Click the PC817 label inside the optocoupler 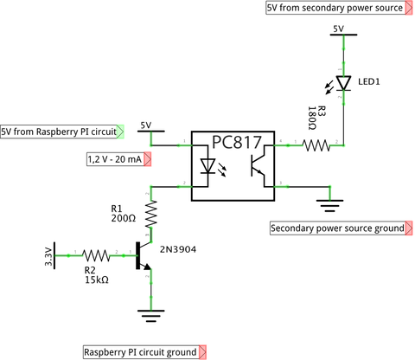coord(237,142)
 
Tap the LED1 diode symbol coord(343,83)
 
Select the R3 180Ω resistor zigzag coord(316,145)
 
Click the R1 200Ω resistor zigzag coord(151,214)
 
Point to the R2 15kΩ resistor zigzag coord(96,255)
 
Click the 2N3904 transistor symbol coord(144,256)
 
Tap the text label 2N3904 coord(178,249)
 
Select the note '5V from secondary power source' coord(339,8)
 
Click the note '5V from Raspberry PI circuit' coord(62,132)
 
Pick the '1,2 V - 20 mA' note coord(118,159)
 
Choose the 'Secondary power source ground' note coord(342,228)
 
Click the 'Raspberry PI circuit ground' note coord(144,352)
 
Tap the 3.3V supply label coord(49,256)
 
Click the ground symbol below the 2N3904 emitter coord(151,316)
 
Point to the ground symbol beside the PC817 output coord(329,206)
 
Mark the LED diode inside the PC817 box coord(207,166)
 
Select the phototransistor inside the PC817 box coord(258,166)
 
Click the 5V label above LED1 coord(339,29)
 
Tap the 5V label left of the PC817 coord(146,125)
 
